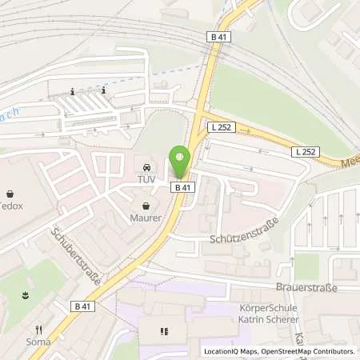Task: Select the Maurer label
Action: coord(146,217)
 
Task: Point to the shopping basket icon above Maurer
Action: coord(146,206)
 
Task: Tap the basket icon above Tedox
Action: coord(10,194)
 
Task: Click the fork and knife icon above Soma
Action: coord(37,330)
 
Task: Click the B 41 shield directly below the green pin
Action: coord(182,187)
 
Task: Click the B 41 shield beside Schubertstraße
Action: coord(82,306)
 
